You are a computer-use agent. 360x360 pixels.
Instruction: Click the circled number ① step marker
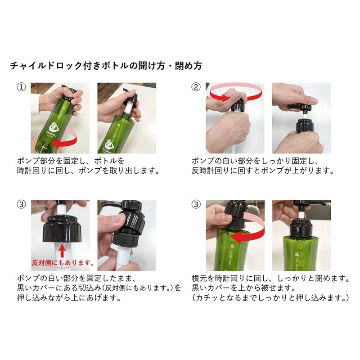(21, 87)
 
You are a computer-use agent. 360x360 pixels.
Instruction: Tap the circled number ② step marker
(196, 87)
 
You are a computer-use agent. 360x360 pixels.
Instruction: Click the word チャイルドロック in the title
(46, 66)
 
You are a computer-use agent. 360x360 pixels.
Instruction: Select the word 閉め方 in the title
(188, 66)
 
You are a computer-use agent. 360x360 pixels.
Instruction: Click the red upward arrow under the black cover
(62, 251)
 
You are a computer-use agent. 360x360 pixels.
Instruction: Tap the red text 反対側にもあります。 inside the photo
(63, 263)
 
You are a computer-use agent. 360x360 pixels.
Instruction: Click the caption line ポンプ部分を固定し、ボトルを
(71, 161)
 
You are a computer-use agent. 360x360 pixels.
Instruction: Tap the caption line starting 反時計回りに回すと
(263, 171)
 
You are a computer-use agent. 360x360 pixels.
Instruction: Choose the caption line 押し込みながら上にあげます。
(69, 298)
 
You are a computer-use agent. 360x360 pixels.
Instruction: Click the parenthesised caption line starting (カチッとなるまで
(270, 298)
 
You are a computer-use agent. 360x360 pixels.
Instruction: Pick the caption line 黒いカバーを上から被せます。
(243, 288)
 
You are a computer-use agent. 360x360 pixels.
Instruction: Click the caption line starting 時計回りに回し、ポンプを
(88, 171)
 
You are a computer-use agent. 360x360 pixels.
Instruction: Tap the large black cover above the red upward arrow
(62, 229)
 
